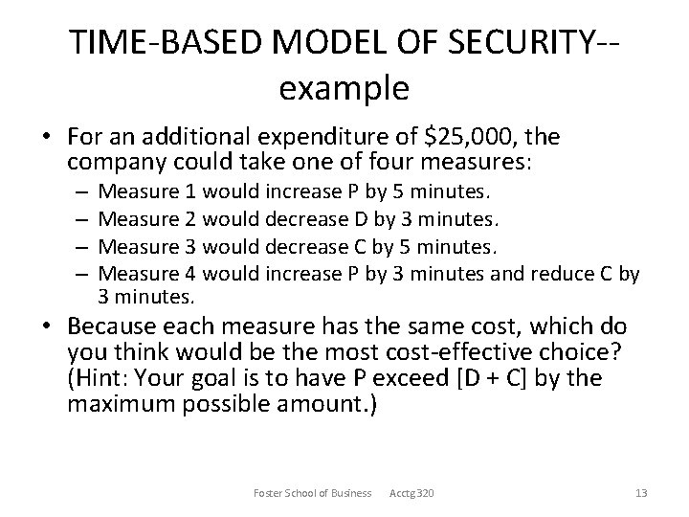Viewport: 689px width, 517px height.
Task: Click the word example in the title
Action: (344, 88)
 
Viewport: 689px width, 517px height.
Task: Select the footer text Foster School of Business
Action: (312, 493)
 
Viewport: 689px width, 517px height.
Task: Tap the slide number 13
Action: (641, 493)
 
